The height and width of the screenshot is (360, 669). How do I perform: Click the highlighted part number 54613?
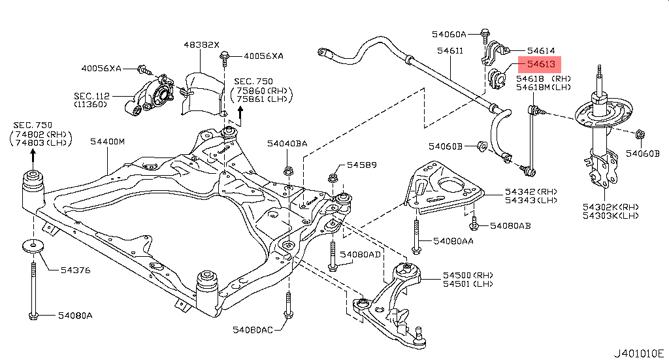[x=541, y=65]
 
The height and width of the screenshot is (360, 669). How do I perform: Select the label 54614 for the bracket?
[x=541, y=50]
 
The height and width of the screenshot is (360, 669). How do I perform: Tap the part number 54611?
[x=451, y=50]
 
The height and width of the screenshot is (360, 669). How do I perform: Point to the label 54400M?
[x=107, y=141]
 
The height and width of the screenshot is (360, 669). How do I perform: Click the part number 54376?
[x=76, y=270]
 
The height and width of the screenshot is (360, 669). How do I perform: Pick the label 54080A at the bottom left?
[x=75, y=316]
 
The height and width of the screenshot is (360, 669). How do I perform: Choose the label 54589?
[x=361, y=165]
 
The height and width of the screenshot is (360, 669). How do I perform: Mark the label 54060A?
[x=449, y=33]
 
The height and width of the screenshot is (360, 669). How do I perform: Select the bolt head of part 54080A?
[x=33, y=317]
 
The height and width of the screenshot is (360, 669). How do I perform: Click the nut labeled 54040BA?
[x=287, y=172]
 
